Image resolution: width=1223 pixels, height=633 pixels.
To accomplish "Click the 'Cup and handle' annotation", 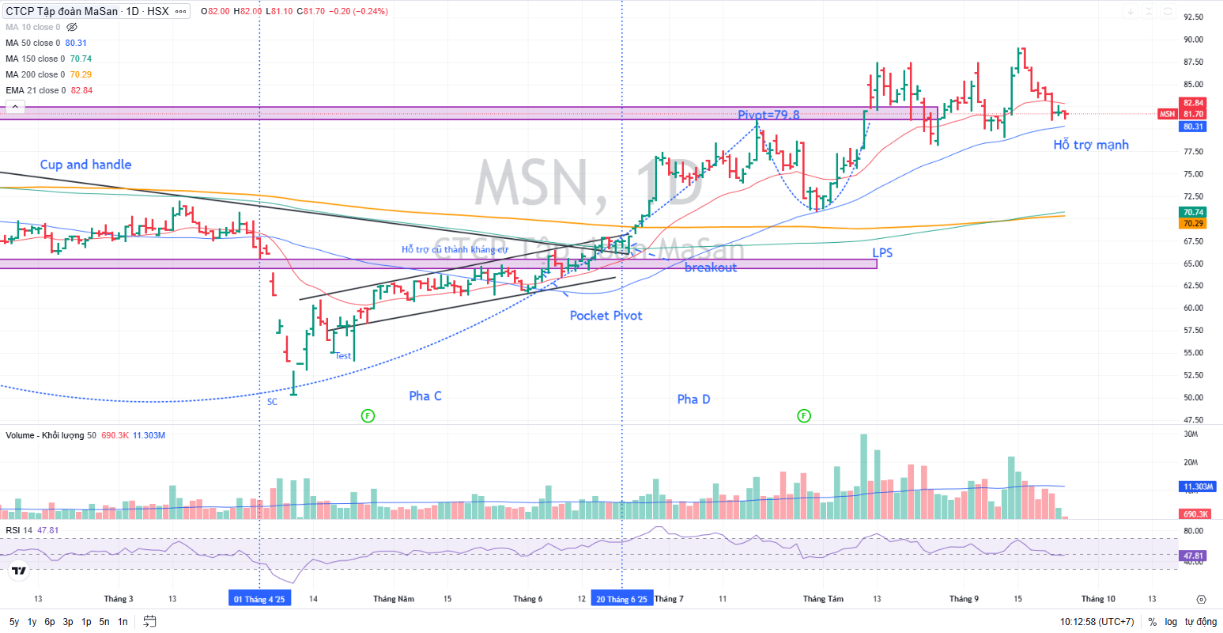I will click(85, 165).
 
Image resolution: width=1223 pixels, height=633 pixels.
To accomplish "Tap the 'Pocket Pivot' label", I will click(606, 316).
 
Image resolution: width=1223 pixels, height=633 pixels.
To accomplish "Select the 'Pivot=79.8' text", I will click(768, 115).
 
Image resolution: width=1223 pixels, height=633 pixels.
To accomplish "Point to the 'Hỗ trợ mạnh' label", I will click(1091, 145).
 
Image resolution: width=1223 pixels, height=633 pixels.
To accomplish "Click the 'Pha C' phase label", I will click(425, 396).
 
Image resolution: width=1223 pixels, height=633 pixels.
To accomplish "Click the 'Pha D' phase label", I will click(693, 399).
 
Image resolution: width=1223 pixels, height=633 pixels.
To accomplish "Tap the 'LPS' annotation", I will click(882, 252).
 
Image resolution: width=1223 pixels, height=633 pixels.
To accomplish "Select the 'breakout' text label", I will click(711, 267).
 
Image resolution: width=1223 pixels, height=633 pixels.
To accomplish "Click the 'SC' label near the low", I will click(272, 402).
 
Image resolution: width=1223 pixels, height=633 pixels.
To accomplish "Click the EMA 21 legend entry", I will click(49, 90).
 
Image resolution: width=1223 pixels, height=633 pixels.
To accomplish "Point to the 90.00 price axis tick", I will click(1193, 40).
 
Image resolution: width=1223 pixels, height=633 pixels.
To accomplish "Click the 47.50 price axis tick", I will click(1193, 420).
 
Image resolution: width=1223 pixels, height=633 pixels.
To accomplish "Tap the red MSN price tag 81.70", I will click(1193, 114).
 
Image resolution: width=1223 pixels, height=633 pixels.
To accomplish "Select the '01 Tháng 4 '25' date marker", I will click(259, 599).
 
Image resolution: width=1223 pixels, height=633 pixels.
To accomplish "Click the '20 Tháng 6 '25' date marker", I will click(621, 599).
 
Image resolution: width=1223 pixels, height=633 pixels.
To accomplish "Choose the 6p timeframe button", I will click(50, 622).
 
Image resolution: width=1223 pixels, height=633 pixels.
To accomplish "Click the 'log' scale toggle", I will click(1171, 622).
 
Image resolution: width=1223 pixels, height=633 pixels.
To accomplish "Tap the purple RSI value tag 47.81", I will click(1193, 556).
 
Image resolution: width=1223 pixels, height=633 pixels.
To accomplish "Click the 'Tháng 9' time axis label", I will click(964, 599).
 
